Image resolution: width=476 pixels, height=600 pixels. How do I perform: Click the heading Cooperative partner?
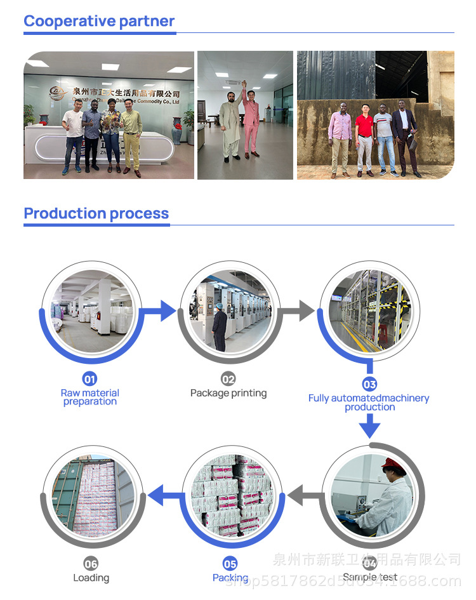(99, 21)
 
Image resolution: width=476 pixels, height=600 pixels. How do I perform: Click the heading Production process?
(96, 213)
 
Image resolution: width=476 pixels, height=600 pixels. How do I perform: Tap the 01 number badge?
(90, 379)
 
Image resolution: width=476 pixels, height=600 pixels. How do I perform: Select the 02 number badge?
(228, 379)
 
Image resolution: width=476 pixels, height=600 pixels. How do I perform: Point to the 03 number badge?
(369, 384)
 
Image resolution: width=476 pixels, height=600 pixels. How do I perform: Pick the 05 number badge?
(230, 564)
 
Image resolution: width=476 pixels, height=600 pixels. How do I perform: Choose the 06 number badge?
(91, 564)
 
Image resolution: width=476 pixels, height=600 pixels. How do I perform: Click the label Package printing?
(228, 393)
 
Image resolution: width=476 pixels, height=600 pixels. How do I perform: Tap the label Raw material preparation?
(90, 397)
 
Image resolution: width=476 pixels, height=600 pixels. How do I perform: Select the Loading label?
(91, 578)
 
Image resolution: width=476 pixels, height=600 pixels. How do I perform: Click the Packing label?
(230, 578)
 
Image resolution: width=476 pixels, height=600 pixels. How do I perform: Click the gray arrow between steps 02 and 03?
(304, 310)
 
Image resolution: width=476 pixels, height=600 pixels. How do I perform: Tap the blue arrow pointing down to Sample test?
(369, 427)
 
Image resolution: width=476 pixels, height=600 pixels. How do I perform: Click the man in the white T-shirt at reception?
(73, 137)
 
